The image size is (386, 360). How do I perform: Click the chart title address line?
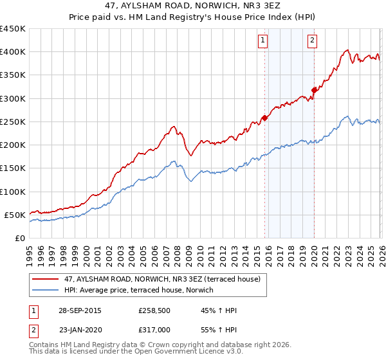pos(193,6)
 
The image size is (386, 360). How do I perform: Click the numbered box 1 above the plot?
pos(264,40)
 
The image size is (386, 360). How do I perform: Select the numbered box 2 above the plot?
pos(312,40)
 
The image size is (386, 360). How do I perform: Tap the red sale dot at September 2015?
pos(264,118)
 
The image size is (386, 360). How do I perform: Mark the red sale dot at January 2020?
pos(314,90)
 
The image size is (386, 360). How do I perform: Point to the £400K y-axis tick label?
pos(13,52)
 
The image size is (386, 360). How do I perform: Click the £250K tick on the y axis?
pos(13,122)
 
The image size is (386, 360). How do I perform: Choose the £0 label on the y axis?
pos(19,238)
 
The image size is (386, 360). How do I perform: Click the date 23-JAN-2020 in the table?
pos(79,330)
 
